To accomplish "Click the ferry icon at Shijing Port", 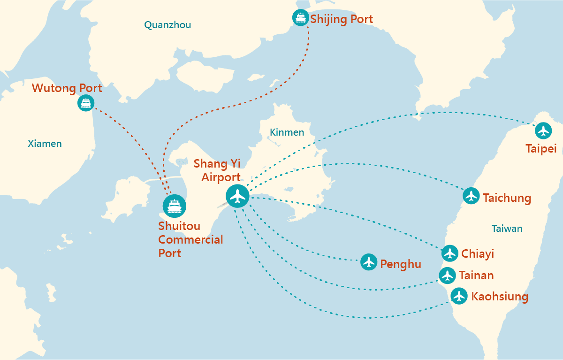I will (300, 18).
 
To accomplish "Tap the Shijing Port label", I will (342, 19).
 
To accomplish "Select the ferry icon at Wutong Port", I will (85, 103).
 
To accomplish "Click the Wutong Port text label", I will (67, 88).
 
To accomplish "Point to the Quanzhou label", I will (167, 25).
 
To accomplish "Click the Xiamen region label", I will (45, 144).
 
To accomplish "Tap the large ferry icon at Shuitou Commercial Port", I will (175, 206).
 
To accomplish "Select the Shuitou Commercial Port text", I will (190, 239).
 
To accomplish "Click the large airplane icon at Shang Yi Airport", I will (238, 196).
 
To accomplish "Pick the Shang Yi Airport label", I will (217, 170).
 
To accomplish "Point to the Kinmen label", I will (287, 132).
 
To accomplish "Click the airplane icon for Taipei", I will (543, 130).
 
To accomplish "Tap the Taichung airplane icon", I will (471, 196).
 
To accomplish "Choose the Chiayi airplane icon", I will (450, 253).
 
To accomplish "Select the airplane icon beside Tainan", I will (447, 275).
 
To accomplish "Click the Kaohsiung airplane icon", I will (459, 296).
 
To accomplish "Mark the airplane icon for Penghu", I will (369, 262).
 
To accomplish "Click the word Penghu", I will (400, 264).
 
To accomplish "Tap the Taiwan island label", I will (507, 229).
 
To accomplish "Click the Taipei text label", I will (541, 149).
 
